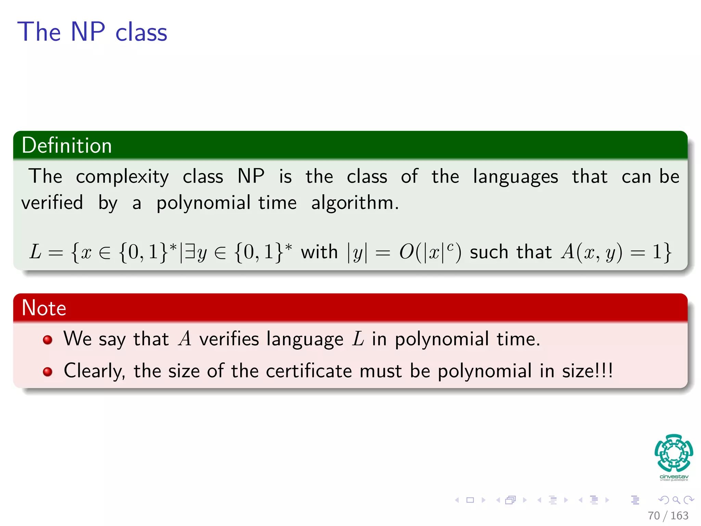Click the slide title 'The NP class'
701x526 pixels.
pyautogui.click(x=92, y=32)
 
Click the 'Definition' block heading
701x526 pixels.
pyautogui.click(x=67, y=145)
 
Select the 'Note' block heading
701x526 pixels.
pyautogui.click(x=44, y=308)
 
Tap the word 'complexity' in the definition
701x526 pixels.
pyautogui.click(x=122, y=177)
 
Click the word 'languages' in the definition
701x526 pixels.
pyautogui.click(x=515, y=177)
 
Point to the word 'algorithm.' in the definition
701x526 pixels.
pyautogui.click(x=355, y=203)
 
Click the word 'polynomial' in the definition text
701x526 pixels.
pyautogui.click(x=203, y=203)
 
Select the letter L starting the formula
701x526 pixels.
pyautogui.click(x=36, y=252)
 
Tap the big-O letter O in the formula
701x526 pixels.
pyautogui.click(x=407, y=252)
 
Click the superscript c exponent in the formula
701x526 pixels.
pyautogui.click(x=450, y=246)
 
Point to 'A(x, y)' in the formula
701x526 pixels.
pyautogui.click(x=591, y=252)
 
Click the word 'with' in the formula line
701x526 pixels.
pyautogui.click(x=319, y=252)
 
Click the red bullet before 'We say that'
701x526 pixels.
pyautogui.click(x=48, y=340)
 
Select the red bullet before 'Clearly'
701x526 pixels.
pyautogui.click(x=48, y=372)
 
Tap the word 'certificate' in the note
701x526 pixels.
pyautogui.click(x=309, y=371)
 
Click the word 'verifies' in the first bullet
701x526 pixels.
pyautogui.click(x=229, y=339)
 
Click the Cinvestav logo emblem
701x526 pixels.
pyautogui.click(x=674, y=453)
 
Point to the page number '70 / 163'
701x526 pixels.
pyautogui.click(x=668, y=515)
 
